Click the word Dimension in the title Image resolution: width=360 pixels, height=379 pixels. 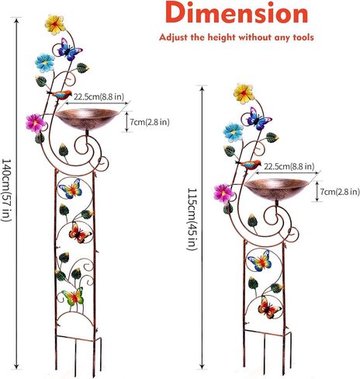coord(237,12)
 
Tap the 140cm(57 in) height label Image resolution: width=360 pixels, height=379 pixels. coord(6,189)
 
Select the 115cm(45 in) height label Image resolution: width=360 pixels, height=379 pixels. coord(192,219)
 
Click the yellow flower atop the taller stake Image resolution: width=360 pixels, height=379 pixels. coord(55,24)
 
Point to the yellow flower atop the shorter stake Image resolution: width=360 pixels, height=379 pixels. coord(244,93)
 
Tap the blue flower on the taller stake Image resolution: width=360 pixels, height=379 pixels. coord(45,63)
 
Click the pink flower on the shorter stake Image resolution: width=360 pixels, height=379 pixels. coord(223,193)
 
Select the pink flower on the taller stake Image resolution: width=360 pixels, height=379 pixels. coord(36,123)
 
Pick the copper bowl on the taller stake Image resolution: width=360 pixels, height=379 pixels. coord(87,119)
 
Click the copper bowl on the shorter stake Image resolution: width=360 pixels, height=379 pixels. coord(276,189)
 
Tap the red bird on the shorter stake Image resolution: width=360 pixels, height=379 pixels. coord(249,165)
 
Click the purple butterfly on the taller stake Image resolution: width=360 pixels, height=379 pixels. coord(69,49)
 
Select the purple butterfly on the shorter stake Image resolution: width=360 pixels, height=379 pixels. coord(258,119)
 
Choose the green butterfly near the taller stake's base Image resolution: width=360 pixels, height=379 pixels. coord(73,297)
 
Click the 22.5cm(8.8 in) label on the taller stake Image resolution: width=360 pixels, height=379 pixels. coord(99,97)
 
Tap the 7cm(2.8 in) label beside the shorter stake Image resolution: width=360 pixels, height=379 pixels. coord(340,192)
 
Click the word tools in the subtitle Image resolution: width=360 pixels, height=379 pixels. coord(303,37)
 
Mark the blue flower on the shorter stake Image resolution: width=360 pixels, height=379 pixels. coord(234,133)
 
